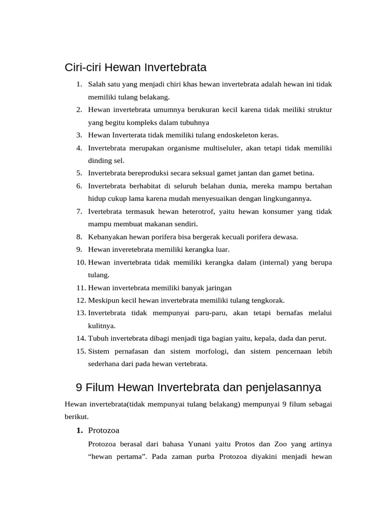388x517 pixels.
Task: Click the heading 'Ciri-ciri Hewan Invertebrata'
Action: pos(136,67)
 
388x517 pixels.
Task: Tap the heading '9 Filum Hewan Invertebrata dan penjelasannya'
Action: pos(198,387)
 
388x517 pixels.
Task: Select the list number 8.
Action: pos(79,237)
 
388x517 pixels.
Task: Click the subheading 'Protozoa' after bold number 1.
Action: pos(104,430)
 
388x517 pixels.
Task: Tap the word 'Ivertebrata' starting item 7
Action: pos(105,212)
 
